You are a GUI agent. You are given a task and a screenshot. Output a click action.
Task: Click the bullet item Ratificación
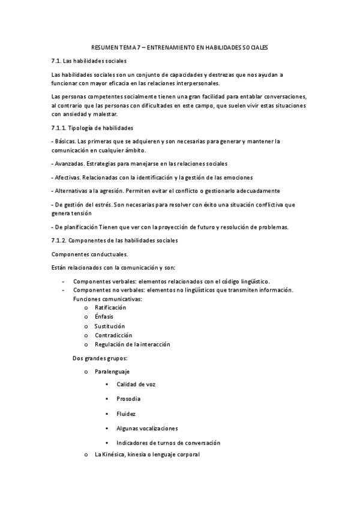[x=110, y=307]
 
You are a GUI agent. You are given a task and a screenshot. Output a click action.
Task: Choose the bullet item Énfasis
[x=104, y=316]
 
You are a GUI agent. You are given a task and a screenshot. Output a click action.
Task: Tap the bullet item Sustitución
[x=109, y=326]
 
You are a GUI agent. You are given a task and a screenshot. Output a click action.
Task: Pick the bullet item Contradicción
[x=113, y=335]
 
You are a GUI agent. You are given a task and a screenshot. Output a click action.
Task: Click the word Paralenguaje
[x=112, y=372]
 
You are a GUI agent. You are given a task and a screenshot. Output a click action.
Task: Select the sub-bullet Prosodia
[x=129, y=399]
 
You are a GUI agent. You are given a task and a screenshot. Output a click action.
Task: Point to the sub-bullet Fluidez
[x=126, y=414]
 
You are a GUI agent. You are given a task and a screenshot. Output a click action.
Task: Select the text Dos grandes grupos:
[x=95, y=358]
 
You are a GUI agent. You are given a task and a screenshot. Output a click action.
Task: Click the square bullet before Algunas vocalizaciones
[x=106, y=429]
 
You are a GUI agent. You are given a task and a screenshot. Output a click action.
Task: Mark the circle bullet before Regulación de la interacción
[x=87, y=345]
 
